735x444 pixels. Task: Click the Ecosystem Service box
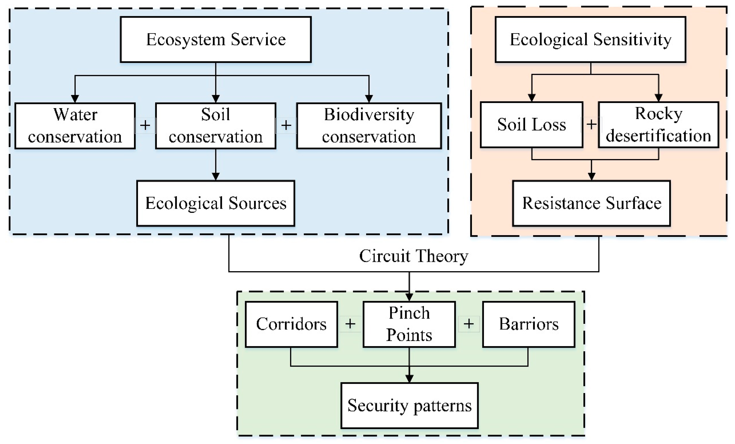coord(216,39)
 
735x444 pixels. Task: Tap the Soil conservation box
coord(216,126)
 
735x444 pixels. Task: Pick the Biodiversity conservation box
coord(369,126)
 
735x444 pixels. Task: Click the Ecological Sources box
coord(216,203)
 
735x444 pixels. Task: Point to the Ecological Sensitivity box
coord(591,39)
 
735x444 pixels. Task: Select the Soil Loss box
coord(532,125)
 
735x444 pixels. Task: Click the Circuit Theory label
coord(413,256)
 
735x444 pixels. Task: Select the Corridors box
coord(291,324)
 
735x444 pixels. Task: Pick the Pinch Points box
coord(409,324)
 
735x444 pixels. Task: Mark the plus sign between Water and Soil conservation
coord(145,125)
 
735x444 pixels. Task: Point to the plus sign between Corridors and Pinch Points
coord(350,324)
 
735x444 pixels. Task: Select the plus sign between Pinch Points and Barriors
coord(469,324)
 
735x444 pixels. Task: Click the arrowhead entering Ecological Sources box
coord(216,177)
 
